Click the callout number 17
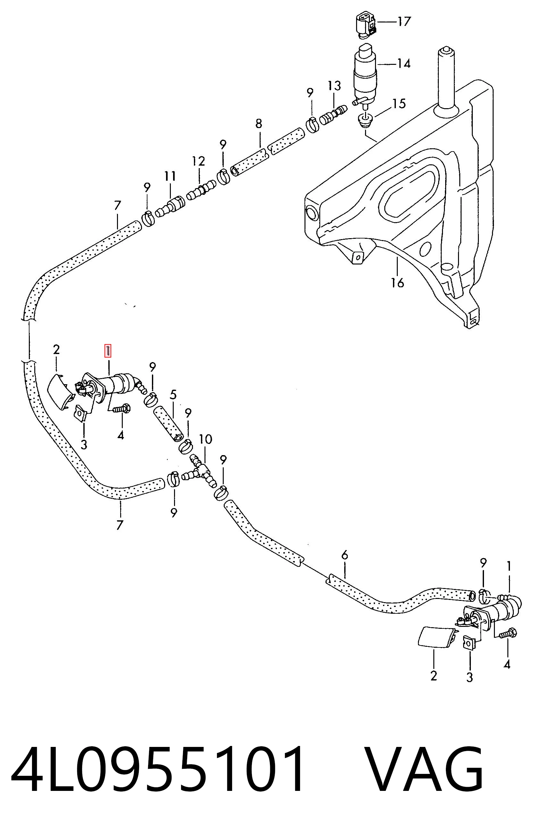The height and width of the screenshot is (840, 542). [x=404, y=22]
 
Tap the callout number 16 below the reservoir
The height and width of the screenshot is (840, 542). [x=397, y=282]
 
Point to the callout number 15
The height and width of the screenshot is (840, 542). [x=399, y=104]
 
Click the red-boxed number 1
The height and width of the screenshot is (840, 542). [x=108, y=351]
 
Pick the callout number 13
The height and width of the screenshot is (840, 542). [x=334, y=86]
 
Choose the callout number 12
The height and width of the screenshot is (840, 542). [x=198, y=161]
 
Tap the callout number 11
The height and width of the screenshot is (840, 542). [x=170, y=176]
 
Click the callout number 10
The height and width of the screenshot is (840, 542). [x=205, y=439]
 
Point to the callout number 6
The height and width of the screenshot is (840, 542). [x=345, y=556]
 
